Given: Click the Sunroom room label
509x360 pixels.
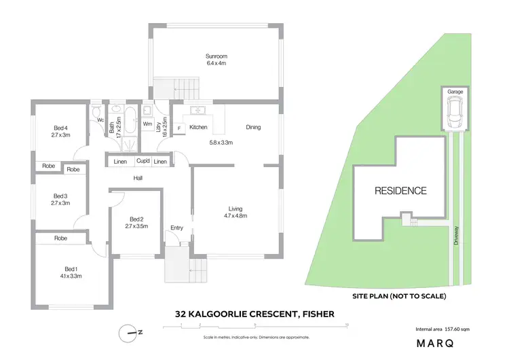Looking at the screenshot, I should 216,56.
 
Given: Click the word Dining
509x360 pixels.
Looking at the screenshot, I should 253,127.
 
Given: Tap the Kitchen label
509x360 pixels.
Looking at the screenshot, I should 198,127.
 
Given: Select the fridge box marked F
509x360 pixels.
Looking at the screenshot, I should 179,128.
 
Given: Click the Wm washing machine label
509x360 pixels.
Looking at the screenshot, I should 147,124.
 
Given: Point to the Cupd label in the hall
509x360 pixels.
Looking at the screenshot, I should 143,161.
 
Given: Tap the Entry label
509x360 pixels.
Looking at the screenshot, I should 177,228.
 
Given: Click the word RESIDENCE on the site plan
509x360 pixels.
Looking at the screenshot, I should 401,191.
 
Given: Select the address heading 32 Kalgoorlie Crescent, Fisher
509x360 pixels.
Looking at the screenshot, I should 254,314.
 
